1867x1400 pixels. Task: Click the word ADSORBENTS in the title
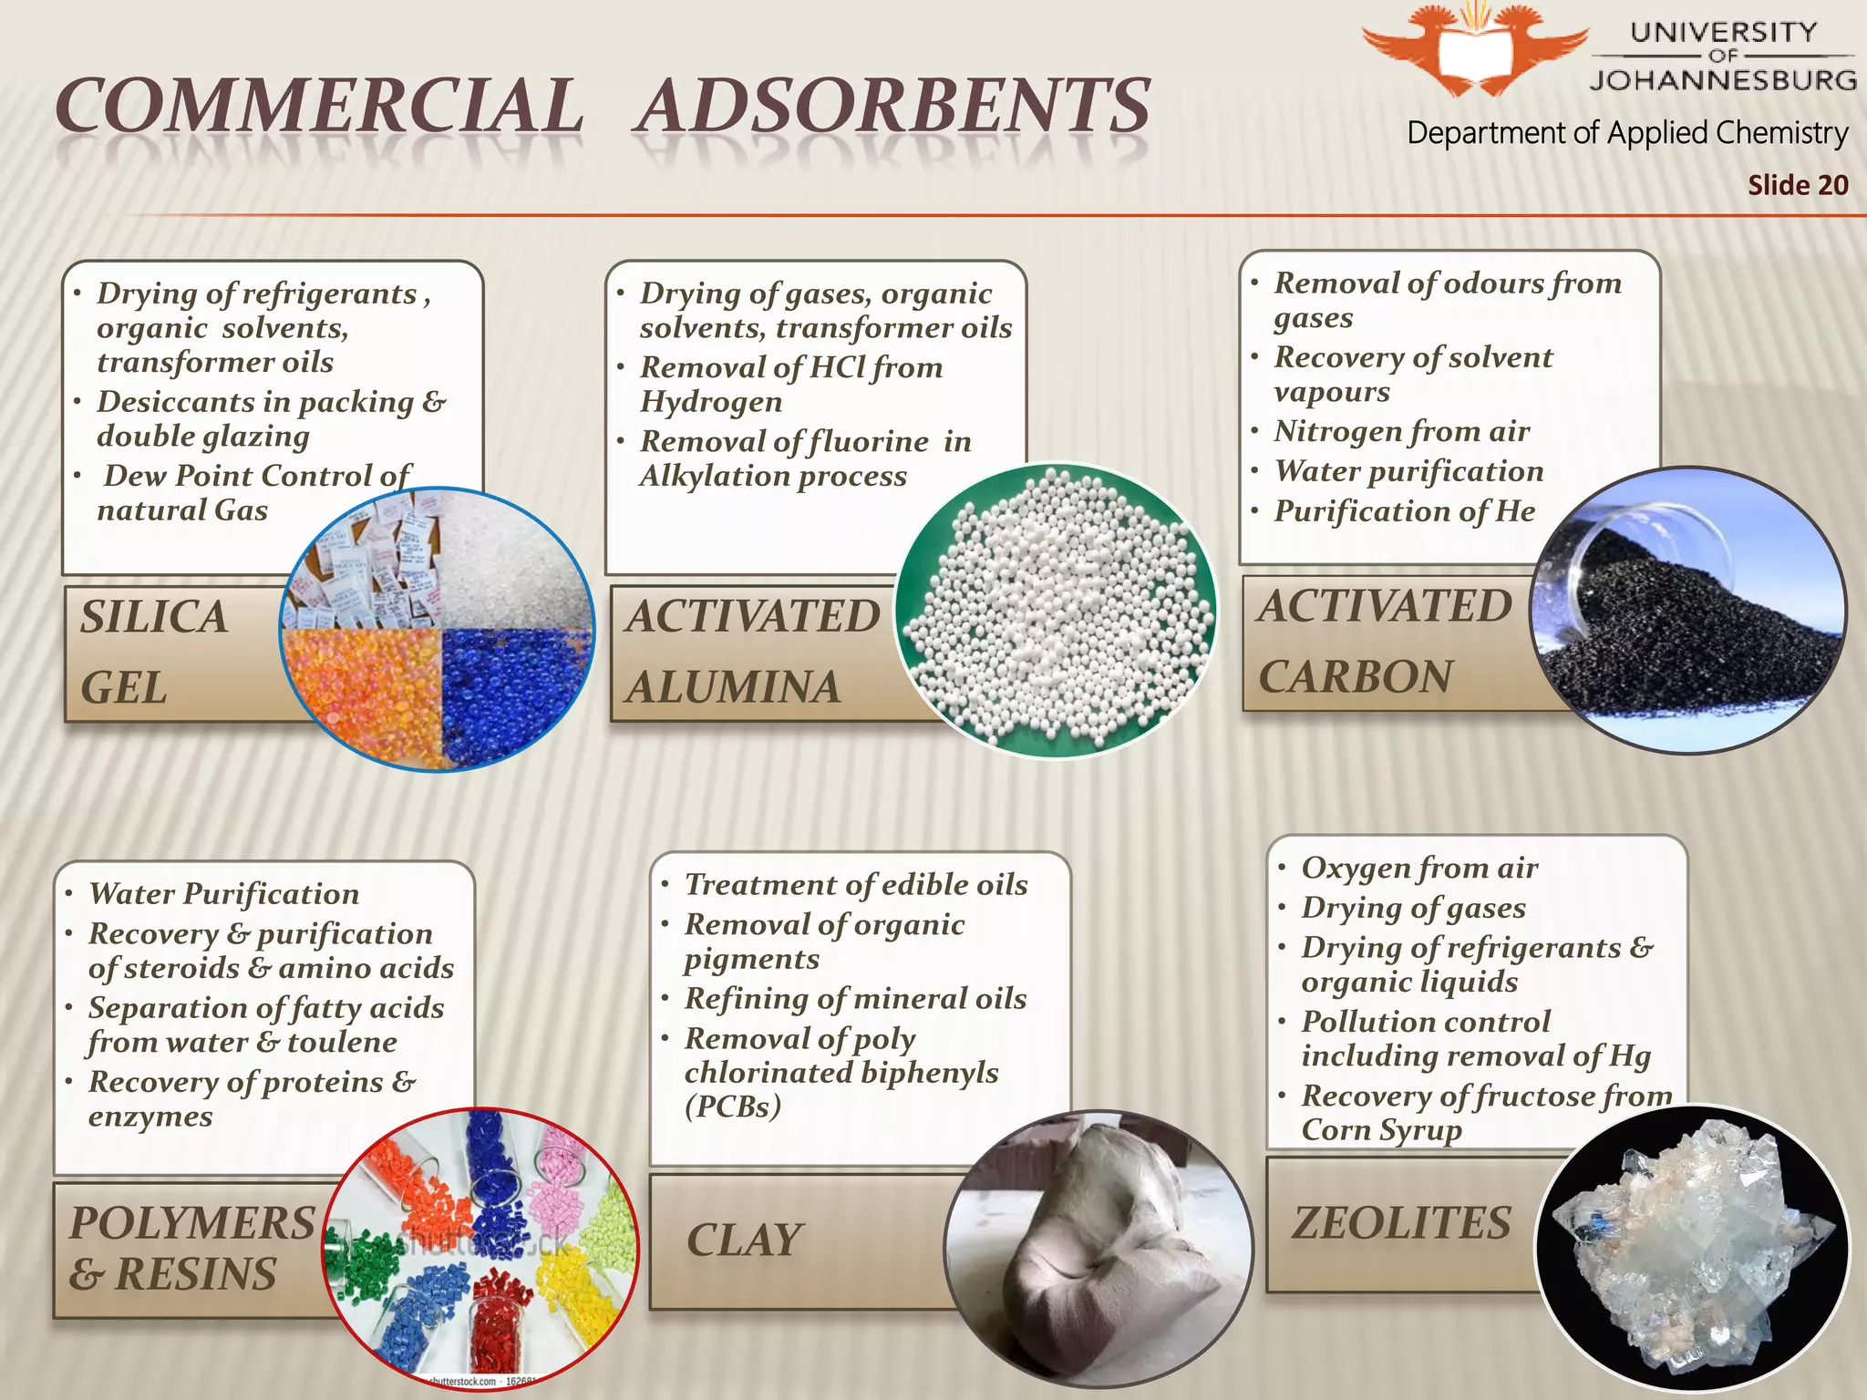(x=893, y=106)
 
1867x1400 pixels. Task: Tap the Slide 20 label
(x=1797, y=185)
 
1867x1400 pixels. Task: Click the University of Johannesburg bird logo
(x=1474, y=50)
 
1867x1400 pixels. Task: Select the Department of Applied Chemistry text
(x=1627, y=133)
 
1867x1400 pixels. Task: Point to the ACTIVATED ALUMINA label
(x=751, y=651)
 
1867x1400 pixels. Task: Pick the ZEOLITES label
(x=1401, y=1222)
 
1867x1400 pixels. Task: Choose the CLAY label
(x=744, y=1240)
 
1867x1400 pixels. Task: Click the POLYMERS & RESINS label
(x=191, y=1248)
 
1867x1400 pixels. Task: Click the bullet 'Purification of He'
(x=1404, y=511)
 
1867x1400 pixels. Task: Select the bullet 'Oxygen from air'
(x=1418, y=868)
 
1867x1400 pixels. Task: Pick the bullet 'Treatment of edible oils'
(x=855, y=884)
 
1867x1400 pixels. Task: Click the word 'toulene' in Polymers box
(x=342, y=1042)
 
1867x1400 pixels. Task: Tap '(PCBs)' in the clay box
(x=733, y=1107)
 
